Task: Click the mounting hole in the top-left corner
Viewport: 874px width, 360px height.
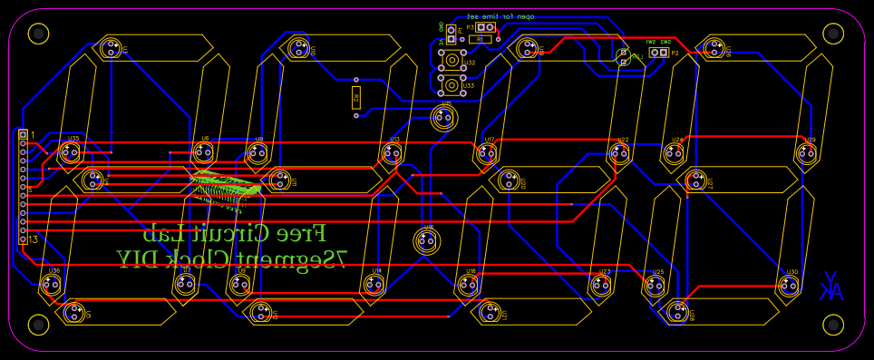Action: pyautogui.click(x=38, y=34)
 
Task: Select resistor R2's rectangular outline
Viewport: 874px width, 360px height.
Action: pyautogui.click(x=355, y=98)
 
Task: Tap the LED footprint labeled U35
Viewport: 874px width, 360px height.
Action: pyautogui.click(x=69, y=153)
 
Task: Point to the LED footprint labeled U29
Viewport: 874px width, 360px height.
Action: pyautogui.click(x=806, y=153)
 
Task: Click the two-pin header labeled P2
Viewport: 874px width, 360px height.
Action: pyautogui.click(x=659, y=53)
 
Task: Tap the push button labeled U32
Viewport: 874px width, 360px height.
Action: pyautogui.click(x=451, y=62)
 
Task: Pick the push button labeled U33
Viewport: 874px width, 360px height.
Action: pyautogui.click(x=451, y=86)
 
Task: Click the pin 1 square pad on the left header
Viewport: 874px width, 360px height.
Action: pyautogui.click(x=24, y=134)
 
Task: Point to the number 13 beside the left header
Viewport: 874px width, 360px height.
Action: pyautogui.click(x=34, y=240)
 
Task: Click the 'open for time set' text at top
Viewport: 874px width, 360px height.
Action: pyautogui.click(x=501, y=16)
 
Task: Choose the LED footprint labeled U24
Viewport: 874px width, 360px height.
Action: pyautogui.click(x=673, y=153)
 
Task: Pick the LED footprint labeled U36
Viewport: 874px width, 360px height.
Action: pyautogui.click(x=50, y=285)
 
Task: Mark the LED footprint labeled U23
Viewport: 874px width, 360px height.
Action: pyautogui.click(x=600, y=286)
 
